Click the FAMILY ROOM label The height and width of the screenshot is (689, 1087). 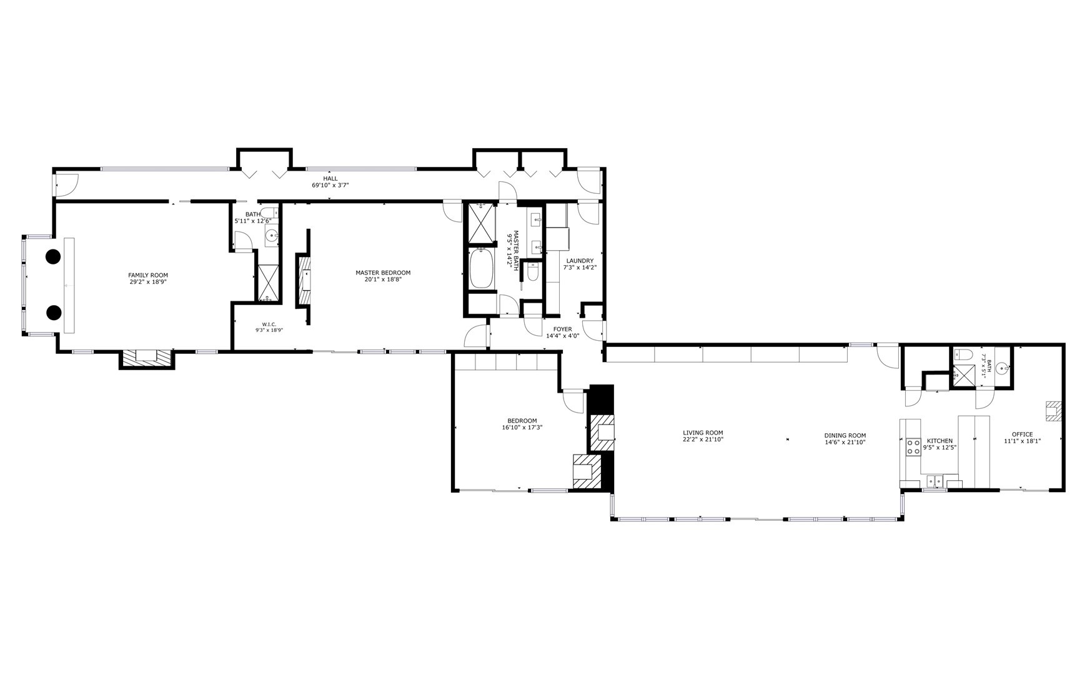pyautogui.click(x=148, y=275)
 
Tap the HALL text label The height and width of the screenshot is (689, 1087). pyautogui.click(x=330, y=179)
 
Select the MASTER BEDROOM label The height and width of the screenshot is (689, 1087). pyautogui.click(x=383, y=273)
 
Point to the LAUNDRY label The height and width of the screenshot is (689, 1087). pyautogui.click(x=580, y=261)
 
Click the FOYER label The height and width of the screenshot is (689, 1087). pyautogui.click(x=562, y=329)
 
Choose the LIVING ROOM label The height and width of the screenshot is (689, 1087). pyautogui.click(x=703, y=433)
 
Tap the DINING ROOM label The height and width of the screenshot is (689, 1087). pyautogui.click(x=845, y=436)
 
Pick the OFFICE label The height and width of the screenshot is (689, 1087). pyautogui.click(x=1022, y=435)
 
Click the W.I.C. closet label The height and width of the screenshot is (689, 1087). pyautogui.click(x=269, y=324)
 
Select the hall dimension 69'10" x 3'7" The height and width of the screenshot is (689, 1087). pyautogui.click(x=330, y=186)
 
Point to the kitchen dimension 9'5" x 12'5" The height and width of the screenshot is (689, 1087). pyautogui.click(x=940, y=448)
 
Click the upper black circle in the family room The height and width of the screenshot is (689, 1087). pyautogui.click(x=53, y=256)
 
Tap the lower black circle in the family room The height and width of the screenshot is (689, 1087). pyautogui.click(x=54, y=312)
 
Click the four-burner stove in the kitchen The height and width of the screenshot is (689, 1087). pyautogui.click(x=913, y=446)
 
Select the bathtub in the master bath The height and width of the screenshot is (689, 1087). pyautogui.click(x=481, y=269)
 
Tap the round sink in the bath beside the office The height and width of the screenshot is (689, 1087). pyautogui.click(x=1003, y=368)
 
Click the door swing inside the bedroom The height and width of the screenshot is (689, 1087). pyautogui.click(x=572, y=400)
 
